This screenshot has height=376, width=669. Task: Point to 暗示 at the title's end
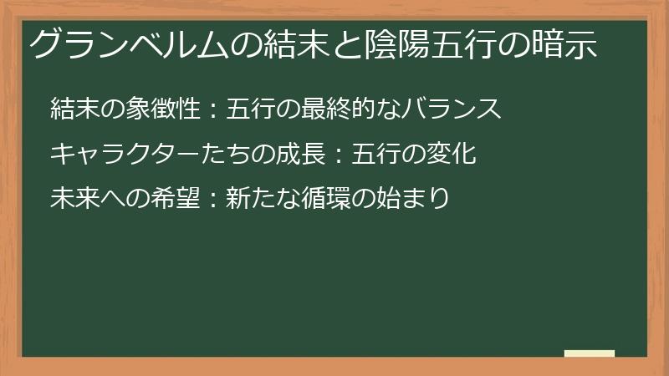point(564,44)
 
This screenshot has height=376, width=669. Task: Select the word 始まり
point(415,199)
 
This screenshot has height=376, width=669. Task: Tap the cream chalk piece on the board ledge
point(589,353)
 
